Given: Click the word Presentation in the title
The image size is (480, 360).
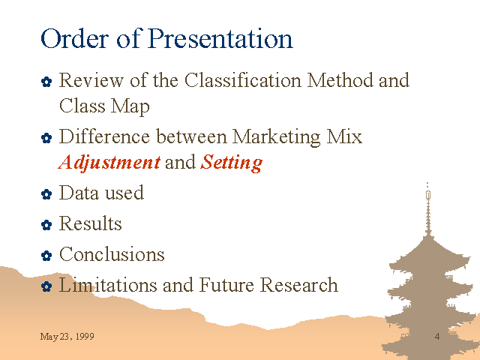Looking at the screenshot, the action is point(220,38).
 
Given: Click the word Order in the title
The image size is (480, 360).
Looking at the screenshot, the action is point(75,38).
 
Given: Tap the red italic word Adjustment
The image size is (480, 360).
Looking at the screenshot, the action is point(109,163).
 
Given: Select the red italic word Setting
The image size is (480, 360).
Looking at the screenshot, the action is point(232,163).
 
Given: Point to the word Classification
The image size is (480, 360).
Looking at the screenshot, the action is point(243,80).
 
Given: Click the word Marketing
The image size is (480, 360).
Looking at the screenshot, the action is point(276,136).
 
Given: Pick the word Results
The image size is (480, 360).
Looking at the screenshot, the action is point(90,223).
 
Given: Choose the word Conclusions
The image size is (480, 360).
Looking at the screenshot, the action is point(112,253).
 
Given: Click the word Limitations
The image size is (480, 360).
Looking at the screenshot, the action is point(108,285).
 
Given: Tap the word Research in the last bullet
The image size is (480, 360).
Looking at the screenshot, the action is point(299,285).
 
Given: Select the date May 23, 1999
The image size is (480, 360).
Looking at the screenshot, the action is point(67,337).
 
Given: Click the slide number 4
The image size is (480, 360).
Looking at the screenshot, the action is point(437,337).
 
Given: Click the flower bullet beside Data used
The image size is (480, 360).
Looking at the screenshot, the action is point(46,194).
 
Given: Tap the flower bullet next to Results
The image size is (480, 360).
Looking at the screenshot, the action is point(46,225).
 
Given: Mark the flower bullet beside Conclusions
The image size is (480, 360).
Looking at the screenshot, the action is point(46,256).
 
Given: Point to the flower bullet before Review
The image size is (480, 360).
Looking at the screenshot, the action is point(46,82).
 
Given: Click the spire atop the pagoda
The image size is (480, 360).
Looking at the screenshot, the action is point(428,211).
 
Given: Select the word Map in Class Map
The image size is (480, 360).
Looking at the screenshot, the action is point(130,106).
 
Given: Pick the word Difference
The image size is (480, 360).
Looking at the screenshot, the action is point(104,136).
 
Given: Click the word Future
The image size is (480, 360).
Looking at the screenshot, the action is point(226,285).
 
